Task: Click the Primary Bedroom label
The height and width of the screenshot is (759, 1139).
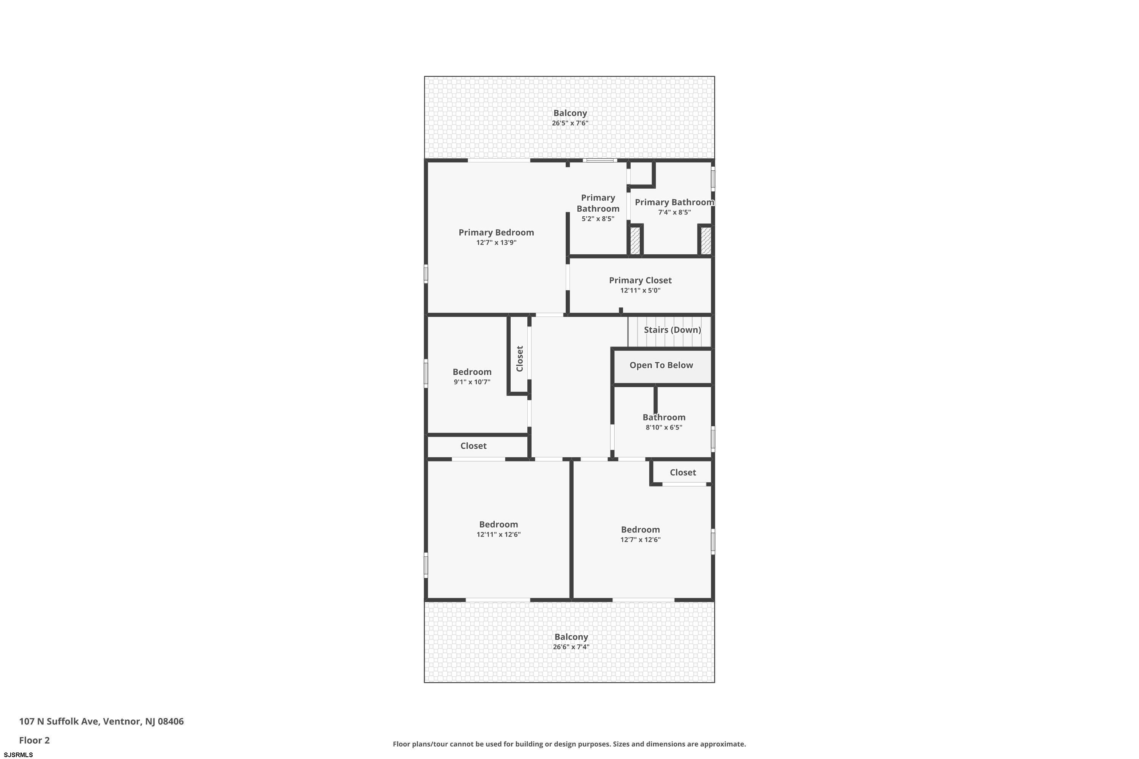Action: (496, 232)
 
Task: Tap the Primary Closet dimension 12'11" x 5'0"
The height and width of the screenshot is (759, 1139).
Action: (640, 290)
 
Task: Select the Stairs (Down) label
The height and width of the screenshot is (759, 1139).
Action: (672, 330)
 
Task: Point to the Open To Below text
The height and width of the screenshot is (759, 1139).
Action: (661, 365)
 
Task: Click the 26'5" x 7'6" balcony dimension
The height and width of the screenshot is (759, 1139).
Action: (570, 123)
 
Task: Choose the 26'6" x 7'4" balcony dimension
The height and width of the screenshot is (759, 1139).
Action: (571, 647)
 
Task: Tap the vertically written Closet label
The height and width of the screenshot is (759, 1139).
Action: (520, 359)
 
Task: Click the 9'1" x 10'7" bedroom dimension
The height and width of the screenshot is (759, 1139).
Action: (472, 382)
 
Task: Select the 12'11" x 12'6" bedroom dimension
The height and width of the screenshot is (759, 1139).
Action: (498, 534)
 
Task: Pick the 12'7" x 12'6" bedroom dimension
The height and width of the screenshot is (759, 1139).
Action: (640, 540)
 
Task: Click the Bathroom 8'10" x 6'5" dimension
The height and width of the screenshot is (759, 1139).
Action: (664, 427)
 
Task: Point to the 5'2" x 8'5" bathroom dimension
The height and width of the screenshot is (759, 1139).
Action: (598, 219)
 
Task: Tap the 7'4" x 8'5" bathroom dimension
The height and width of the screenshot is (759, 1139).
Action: (675, 212)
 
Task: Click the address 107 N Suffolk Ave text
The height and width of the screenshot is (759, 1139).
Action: (59, 721)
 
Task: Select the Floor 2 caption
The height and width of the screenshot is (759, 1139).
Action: (35, 740)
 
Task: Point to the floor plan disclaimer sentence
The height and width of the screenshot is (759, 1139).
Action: (569, 744)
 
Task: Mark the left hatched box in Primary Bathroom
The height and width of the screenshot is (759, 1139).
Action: (635, 241)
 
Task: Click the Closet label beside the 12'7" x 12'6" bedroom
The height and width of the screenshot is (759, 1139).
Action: (683, 472)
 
